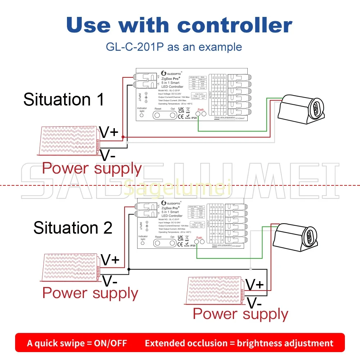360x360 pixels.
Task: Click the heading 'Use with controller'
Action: (179, 25)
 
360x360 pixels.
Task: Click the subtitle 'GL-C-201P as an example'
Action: (174, 47)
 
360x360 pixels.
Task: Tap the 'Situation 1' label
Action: (64, 99)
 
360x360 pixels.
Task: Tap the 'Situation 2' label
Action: (73, 228)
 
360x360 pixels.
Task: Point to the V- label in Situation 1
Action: (108, 156)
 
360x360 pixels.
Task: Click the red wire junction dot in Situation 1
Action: (123, 137)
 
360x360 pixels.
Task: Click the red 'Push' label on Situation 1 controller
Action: (201, 109)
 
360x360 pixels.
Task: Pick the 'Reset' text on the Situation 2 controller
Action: (158, 237)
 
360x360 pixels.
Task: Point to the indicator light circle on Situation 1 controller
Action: (141, 116)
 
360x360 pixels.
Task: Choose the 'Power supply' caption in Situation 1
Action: (92, 168)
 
